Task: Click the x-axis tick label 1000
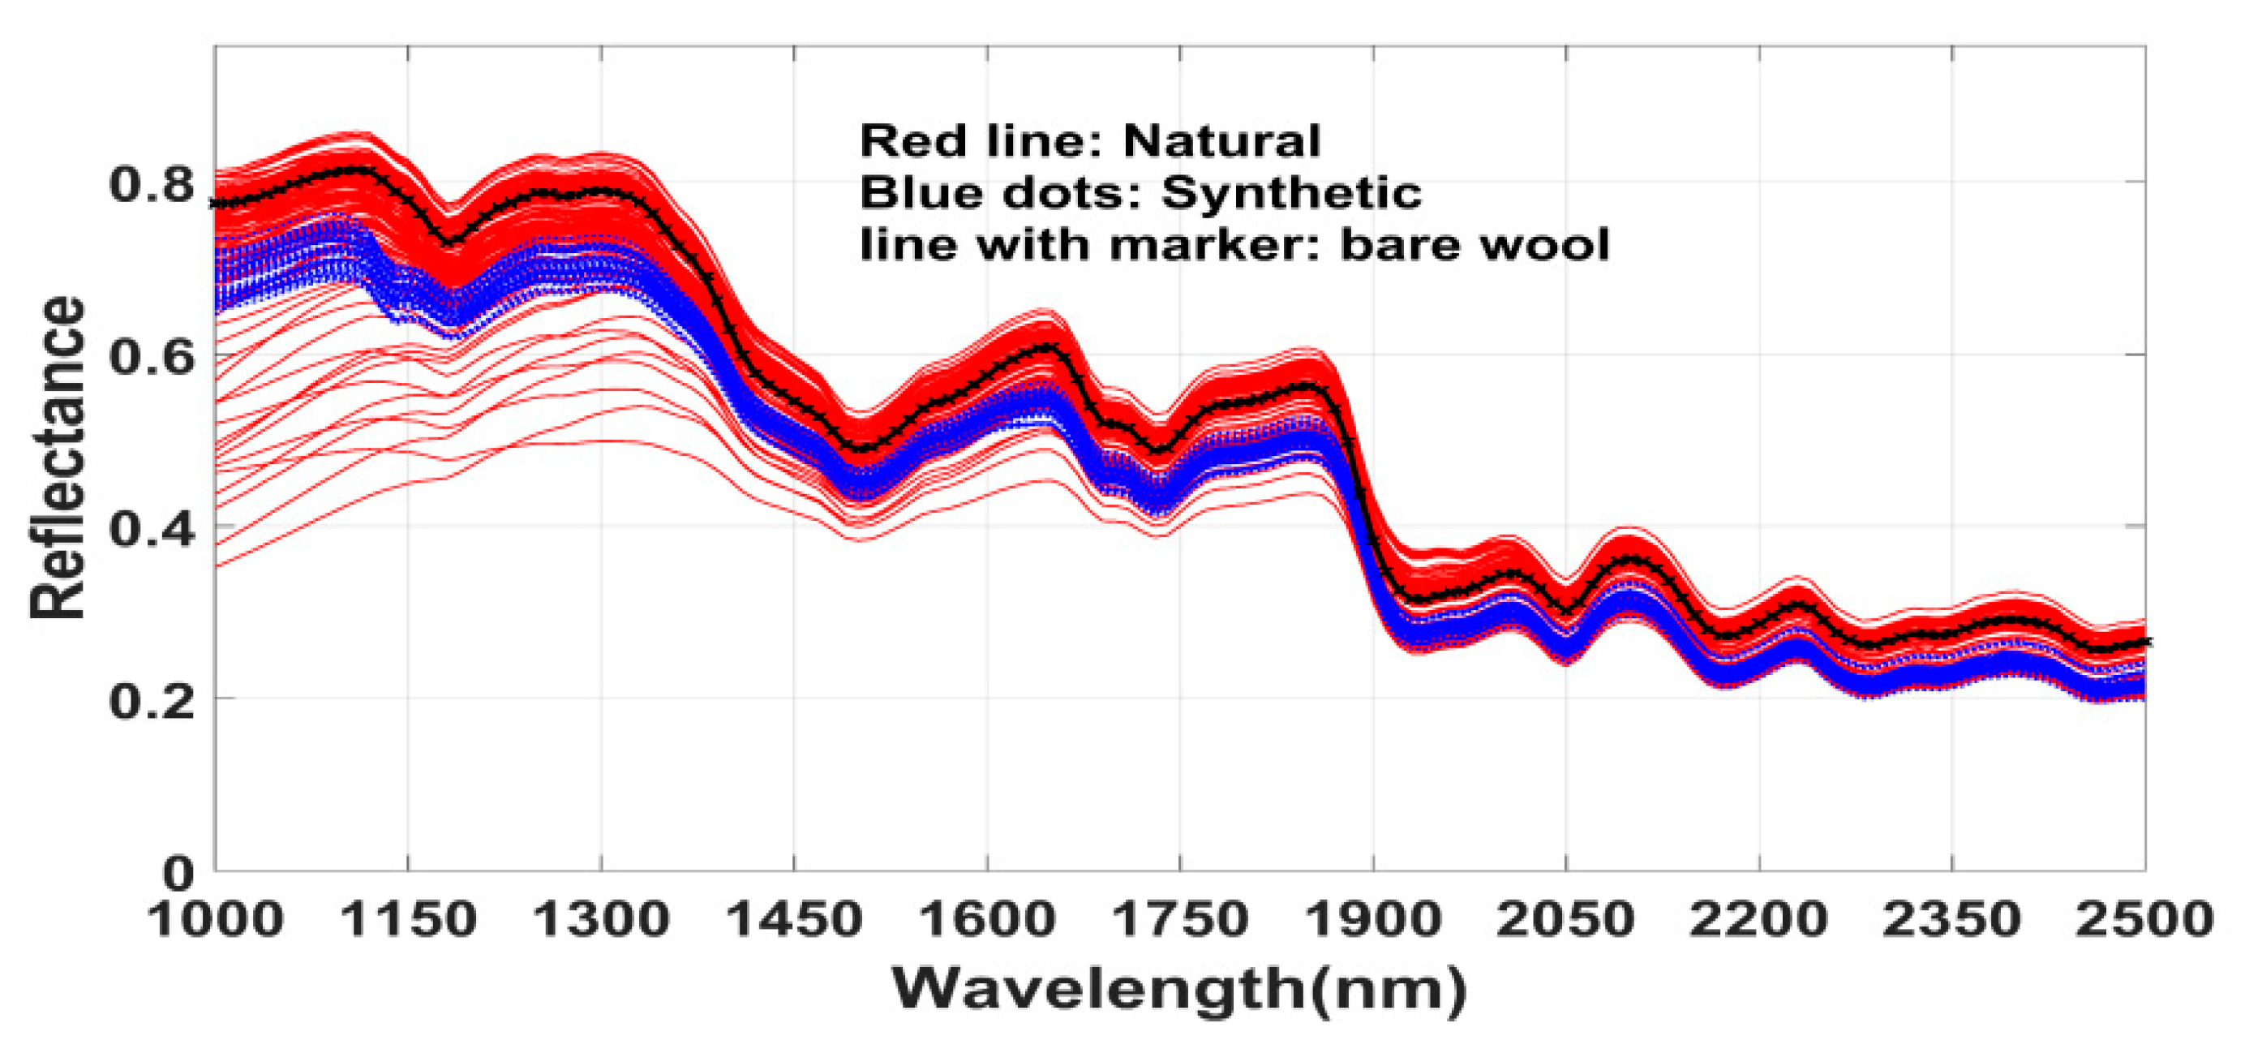216,920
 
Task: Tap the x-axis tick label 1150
409,920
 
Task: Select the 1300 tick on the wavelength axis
601,920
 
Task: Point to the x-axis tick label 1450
794,920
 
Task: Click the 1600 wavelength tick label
987,920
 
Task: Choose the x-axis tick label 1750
1180,920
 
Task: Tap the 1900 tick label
1373,920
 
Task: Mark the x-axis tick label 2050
1566,920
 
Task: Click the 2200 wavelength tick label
1758,920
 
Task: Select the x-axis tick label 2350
1952,920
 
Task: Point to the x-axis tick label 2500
2144,920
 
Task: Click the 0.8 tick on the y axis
150,185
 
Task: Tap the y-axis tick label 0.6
150,357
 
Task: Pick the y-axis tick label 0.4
150,528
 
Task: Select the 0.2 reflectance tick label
150,700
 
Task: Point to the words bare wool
1474,245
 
